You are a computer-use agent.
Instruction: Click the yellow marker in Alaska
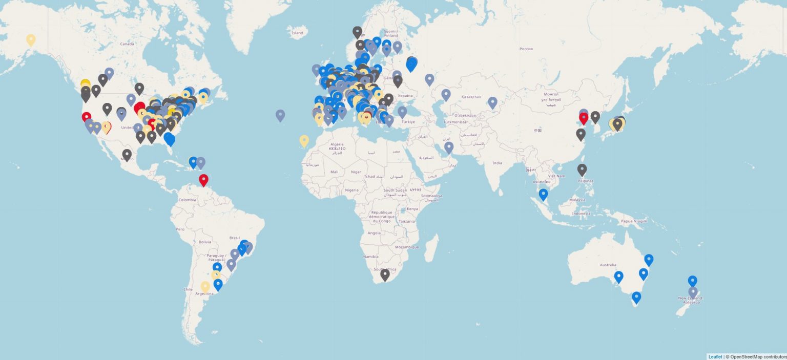31,39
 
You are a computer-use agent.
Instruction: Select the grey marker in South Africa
385,275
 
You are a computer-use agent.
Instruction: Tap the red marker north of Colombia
203,180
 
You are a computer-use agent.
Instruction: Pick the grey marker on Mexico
127,154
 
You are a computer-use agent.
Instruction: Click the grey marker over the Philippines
582,170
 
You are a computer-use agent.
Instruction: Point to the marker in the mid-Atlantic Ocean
280,115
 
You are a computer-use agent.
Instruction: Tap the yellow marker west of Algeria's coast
304,141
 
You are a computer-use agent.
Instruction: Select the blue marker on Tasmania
636,297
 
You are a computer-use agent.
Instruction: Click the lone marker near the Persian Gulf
449,147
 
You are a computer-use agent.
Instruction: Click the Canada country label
127,44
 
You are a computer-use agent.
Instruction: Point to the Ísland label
297,33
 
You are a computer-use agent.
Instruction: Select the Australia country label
608,265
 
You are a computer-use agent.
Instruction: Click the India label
497,163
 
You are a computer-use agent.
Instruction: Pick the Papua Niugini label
634,221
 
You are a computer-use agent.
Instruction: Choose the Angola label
374,232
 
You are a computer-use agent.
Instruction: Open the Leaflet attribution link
715,356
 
